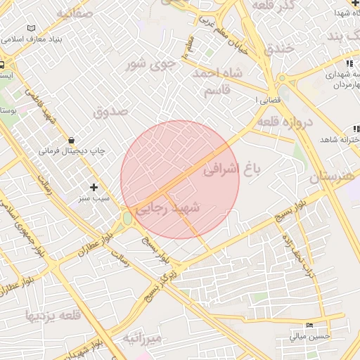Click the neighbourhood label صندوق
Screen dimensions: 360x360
pos(110,110)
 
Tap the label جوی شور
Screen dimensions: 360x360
pos(148,65)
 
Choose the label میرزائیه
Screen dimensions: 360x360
pos(143,339)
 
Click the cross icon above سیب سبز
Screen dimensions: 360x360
pos(94,187)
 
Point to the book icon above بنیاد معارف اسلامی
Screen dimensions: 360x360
pos(30,29)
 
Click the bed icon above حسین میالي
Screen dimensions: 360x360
pos(310,325)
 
